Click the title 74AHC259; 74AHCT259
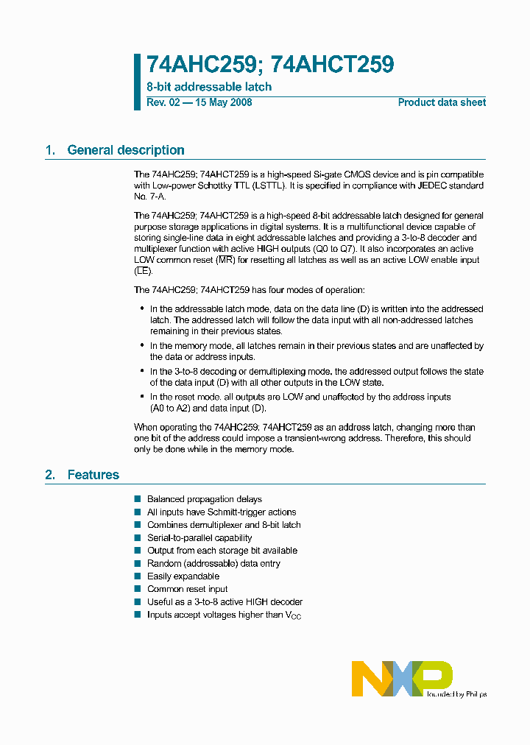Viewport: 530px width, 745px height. [x=270, y=66]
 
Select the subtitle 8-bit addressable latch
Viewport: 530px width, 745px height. [x=209, y=87]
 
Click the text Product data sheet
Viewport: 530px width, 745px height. [x=442, y=102]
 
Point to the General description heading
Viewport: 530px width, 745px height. [x=125, y=150]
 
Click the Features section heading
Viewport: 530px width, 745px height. [x=93, y=475]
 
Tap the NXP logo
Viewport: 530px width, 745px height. [x=402, y=678]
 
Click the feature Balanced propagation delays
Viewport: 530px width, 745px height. [x=205, y=499]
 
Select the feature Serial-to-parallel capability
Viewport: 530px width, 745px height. [x=199, y=538]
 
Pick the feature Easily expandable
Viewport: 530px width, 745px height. [x=183, y=576]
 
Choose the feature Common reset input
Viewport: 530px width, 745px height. [x=187, y=589]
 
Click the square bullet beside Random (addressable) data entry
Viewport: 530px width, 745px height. [x=137, y=564]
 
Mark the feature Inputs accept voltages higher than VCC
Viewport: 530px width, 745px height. [x=224, y=615]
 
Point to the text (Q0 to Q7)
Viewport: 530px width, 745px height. [x=338, y=249]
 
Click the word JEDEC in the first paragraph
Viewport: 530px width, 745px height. [x=425, y=187]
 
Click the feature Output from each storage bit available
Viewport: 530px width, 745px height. [x=222, y=551]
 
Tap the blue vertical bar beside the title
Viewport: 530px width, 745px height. [x=137, y=81]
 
